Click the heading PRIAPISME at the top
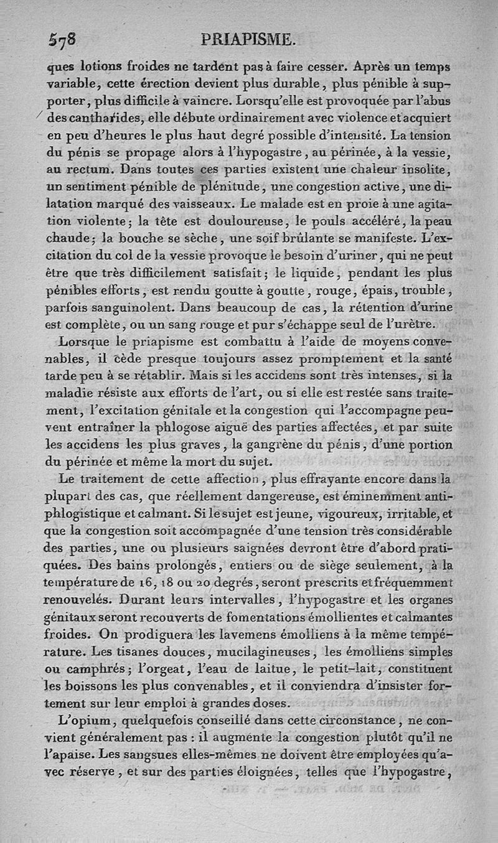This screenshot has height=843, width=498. [248, 40]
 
